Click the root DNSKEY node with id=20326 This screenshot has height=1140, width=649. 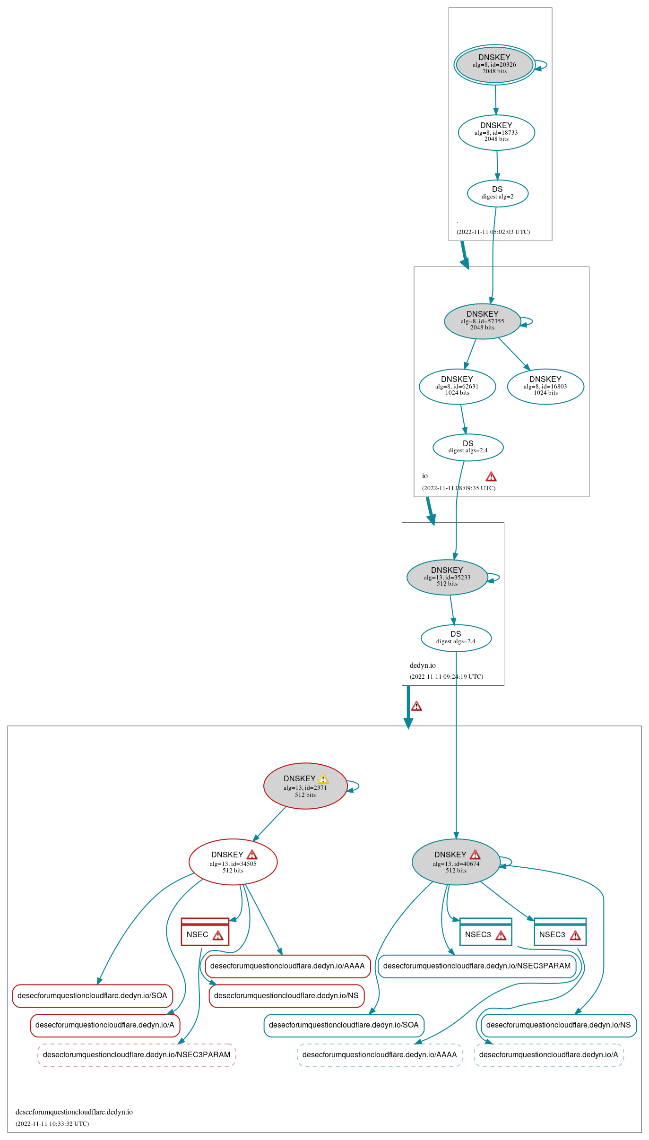click(x=494, y=65)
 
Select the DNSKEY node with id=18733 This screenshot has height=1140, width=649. click(x=496, y=132)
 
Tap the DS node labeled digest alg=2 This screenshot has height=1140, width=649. click(x=497, y=193)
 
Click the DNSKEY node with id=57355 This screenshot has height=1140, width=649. click(x=482, y=321)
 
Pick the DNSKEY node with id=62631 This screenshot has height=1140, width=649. click(x=457, y=386)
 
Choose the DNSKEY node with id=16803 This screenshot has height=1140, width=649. click(x=545, y=386)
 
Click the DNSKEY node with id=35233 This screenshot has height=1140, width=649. click(x=447, y=577)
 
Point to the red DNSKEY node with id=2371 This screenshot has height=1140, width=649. click(x=305, y=786)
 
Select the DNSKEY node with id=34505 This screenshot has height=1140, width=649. click(x=233, y=862)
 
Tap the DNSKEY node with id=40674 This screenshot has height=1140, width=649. click(x=456, y=862)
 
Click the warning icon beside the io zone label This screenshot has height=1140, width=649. click(x=491, y=476)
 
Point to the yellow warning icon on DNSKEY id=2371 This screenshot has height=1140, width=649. click(x=323, y=778)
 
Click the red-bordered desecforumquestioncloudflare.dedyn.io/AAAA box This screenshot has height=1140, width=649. click(x=287, y=966)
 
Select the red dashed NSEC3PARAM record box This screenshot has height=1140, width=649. click(x=137, y=1054)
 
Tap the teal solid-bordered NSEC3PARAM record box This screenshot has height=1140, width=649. click(x=477, y=966)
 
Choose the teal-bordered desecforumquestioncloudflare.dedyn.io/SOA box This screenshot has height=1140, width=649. click(x=344, y=1025)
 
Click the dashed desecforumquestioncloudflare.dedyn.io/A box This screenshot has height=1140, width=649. click(x=548, y=1054)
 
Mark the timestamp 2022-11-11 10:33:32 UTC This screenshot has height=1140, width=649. click(x=52, y=1123)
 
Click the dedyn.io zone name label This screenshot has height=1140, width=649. click(x=423, y=665)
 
